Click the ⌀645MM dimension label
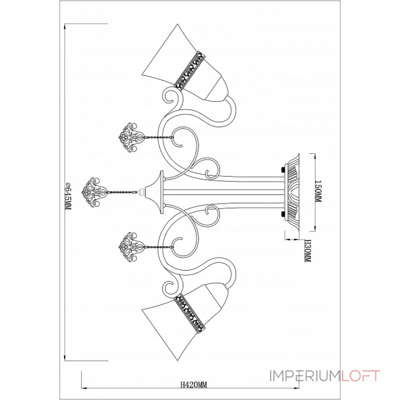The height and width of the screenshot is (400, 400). [68, 196]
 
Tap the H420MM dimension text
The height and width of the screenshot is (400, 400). [193, 384]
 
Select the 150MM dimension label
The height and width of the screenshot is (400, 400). [318, 191]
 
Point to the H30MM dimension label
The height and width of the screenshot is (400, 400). [308, 250]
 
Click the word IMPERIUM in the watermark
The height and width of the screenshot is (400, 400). [305, 376]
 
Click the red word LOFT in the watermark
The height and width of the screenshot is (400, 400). [360, 376]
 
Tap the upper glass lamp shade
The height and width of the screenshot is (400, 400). [185, 63]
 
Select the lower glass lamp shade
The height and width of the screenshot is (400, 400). [185, 321]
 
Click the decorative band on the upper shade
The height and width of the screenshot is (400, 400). [190, 70]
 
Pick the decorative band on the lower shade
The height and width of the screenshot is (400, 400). [190, 313]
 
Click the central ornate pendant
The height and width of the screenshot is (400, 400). [94, 192]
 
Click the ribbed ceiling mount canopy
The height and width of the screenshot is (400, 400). [292, 192]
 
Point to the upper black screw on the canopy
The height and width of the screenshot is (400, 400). [282, 169]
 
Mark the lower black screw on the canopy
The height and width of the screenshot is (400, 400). [282, 214]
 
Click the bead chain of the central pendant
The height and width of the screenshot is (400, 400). [123, 192]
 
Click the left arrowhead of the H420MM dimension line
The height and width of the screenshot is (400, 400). [84, 388]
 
